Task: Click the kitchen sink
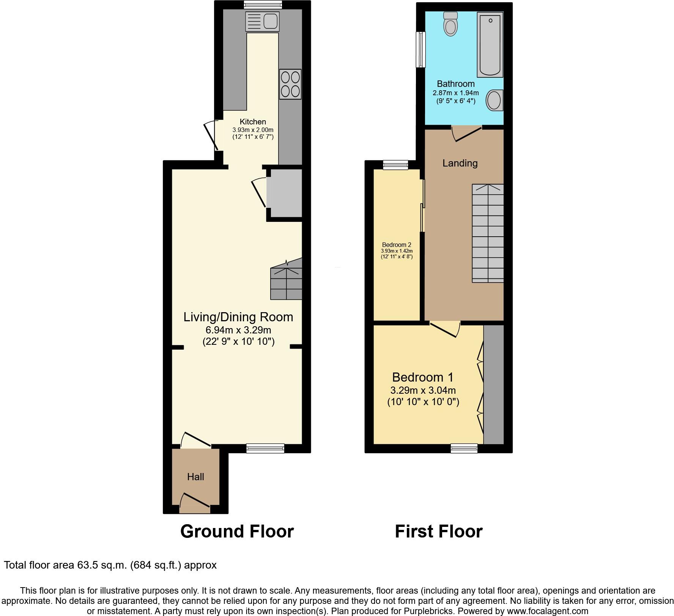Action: click(x=262, y=21)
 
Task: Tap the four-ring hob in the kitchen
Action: click(x=290, y=84)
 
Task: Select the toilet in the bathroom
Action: click(x=450, y=24)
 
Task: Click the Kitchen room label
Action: click(x=253, y=122)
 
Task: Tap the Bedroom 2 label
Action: click(x=397, y=245)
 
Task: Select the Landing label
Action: click(x=460, y=163)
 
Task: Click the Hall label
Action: click(x=195, y=477)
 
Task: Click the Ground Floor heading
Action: click(x=237, y=531)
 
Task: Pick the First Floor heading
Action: click(x=438, y=531)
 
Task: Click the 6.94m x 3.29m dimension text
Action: click(x=238, y=330)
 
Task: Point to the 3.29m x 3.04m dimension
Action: click(x=423, y=390)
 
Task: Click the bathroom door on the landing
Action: click(x=467, y=134)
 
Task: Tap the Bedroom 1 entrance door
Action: click(x=445, y=329)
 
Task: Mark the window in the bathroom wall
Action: click(x=420, y=50)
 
